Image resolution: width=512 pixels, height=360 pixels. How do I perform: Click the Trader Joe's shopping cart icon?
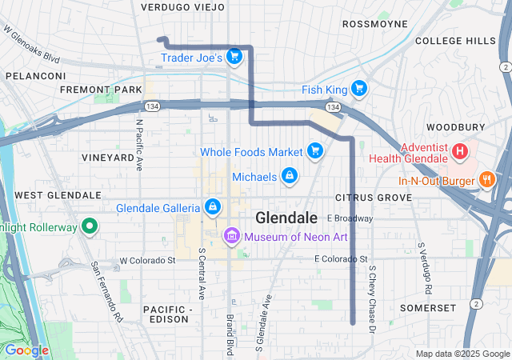[234, 56]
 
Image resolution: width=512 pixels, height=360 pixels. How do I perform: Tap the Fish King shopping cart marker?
[359, 89]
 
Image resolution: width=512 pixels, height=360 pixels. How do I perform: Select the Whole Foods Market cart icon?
[315, 150]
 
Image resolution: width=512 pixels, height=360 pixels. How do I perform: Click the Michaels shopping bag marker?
[289, 175]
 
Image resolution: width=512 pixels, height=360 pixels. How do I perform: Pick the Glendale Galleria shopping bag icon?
[212, 207]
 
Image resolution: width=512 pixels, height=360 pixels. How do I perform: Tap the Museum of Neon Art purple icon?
[232, 235]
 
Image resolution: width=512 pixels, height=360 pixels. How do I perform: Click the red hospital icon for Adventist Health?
[460, 150]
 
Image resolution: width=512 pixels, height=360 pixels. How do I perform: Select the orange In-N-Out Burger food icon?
[485, 179]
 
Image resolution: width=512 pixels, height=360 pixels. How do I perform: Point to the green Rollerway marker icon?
[90, 226]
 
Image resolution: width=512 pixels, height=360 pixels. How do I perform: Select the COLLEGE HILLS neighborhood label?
[455, 41]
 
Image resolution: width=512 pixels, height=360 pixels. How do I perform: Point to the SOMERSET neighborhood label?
[428, 307]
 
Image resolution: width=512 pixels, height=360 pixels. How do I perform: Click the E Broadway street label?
[350, 218]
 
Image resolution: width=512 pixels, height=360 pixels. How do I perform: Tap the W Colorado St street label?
[147, 261]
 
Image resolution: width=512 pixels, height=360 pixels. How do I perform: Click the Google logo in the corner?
[26, 350]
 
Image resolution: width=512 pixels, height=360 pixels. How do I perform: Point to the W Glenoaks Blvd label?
[32, 44]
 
